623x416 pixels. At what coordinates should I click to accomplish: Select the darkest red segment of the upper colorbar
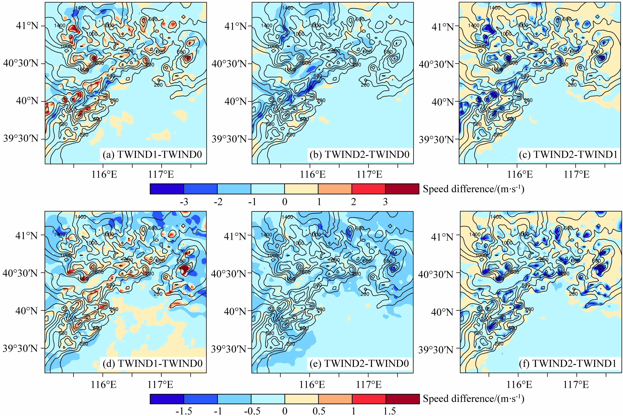[x=402, y=189]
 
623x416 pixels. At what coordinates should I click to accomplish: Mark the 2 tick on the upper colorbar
[x=353, y=202]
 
